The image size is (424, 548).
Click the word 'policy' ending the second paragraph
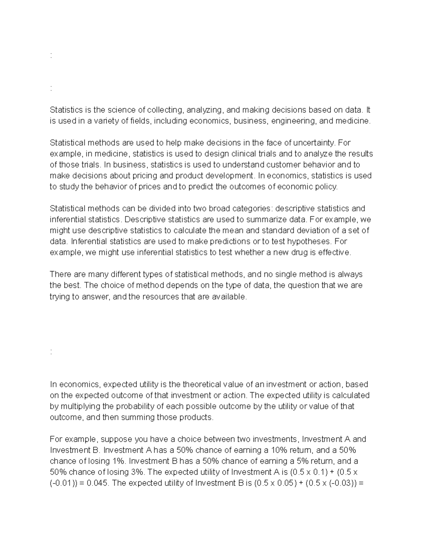pyautogui.click(x=326, y=186)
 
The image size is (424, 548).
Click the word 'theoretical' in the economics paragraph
pyautogui.click(x=204, y=384)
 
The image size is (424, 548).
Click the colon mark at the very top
pyautogui.click(x=51, y=55)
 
